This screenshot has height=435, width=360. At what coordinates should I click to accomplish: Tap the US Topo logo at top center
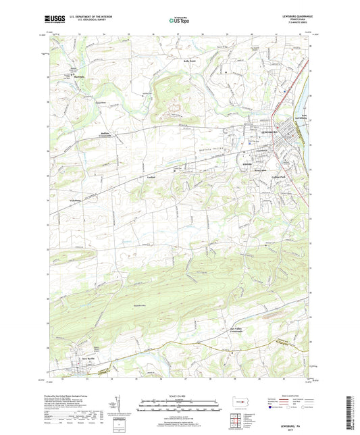pos(180,20)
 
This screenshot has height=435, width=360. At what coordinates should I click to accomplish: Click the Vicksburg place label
pos(75,200)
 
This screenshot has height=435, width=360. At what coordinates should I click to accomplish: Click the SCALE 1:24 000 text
pos(180,394)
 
